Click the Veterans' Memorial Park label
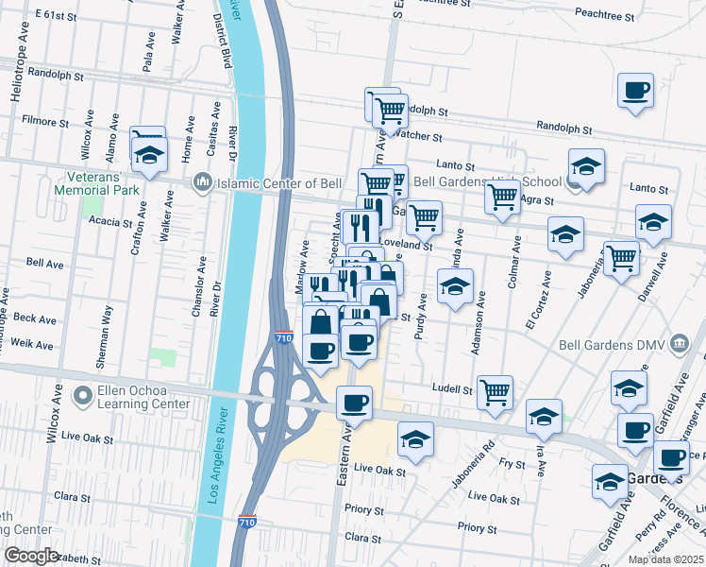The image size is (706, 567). pos(104,182)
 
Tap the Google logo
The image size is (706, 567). pos(31,556)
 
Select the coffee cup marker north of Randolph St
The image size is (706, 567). pos(634,92)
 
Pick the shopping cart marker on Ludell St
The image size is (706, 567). pos(495,390)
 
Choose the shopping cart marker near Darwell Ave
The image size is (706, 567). pos(621,257)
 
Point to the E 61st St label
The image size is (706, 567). pos(54,16)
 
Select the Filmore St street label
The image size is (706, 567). pos(46,122)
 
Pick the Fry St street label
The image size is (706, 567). pos(513,464)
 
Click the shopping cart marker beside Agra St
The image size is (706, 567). pos(502,197)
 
